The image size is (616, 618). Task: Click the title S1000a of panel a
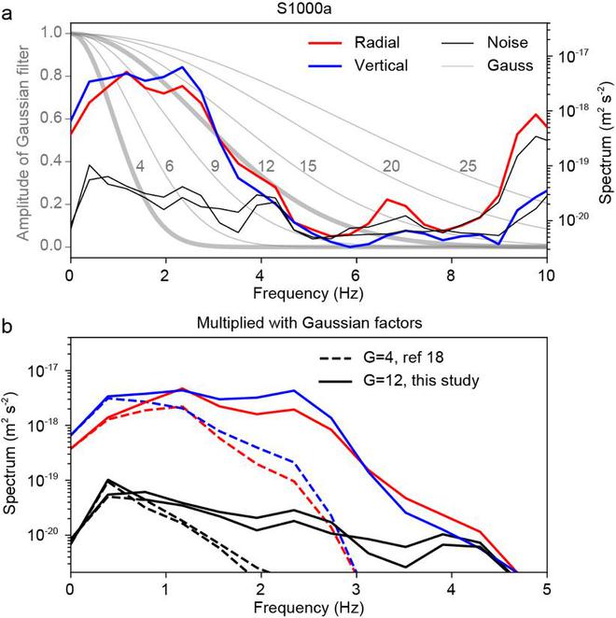point(304,9)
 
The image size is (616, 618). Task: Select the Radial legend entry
point(354,43)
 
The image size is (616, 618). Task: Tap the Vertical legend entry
point(357,65)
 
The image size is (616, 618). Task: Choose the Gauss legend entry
point(487,65)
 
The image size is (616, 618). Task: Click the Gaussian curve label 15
point(308,166)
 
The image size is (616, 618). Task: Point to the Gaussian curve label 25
point(468,166)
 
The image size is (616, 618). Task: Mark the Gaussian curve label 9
point(215,166)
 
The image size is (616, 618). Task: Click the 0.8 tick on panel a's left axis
point(51,76)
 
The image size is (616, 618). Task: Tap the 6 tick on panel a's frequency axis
point(356,275)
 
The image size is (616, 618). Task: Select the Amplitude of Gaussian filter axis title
point(23,143)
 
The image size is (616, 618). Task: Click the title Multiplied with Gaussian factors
point(309,323)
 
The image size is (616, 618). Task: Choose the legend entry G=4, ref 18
point(381,358)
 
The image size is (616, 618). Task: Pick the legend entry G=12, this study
point(399,381)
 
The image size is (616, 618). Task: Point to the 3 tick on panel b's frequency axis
point(356,590)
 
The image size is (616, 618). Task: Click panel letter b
point(7,327)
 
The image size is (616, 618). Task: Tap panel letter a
point(7,15)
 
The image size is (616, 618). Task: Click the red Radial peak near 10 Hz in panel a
point(536,114)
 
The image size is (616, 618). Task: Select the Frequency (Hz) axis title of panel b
point(309,608)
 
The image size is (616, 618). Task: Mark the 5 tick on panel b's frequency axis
point(547,590)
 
